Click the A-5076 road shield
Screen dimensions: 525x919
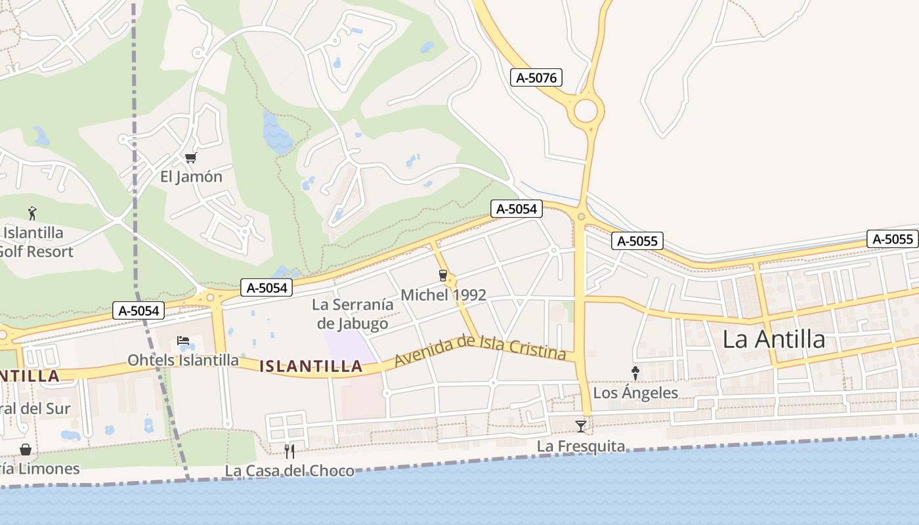(x=536, y=77)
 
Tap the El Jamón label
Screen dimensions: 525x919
(x=191, y=177)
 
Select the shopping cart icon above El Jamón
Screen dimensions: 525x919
(x=191, y=157)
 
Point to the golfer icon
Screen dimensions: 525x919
(x=32, y=213)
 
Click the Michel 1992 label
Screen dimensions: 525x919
(x=443, y=295)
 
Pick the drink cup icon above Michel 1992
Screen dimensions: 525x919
(x=443, y=276)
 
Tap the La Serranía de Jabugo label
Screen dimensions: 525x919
(x=353, y=314)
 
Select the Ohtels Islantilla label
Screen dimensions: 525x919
(x=183, y=360)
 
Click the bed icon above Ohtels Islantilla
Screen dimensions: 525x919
(x=183, y=341)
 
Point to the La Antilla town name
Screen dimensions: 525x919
(x=773, y=339)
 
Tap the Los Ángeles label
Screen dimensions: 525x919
(x=635, y=392)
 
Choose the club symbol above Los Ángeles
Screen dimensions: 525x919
(x=635, y=373)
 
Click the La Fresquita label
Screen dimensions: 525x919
(x=581, y=446)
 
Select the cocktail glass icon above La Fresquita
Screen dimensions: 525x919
(x=581, y=427)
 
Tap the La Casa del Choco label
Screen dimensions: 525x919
(x=289, y=471)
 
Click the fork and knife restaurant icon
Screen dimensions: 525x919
(x=289, y=451)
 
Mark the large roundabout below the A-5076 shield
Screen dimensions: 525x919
(x=586, y=110)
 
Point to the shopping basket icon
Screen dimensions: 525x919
(x=26, y=450)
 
